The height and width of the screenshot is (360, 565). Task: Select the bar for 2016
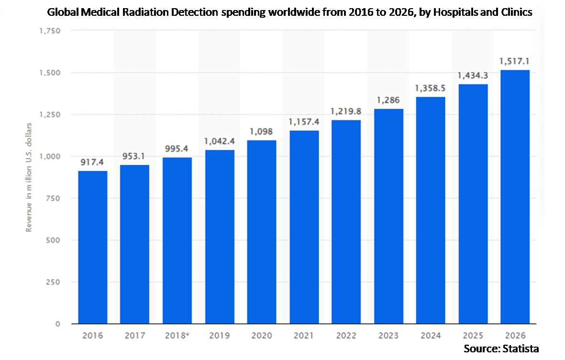pos(93,247)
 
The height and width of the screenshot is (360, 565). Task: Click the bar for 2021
pos(304,227)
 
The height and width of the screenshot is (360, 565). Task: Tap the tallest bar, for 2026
pos(515,197)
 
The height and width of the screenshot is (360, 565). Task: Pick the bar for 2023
pos(388,216)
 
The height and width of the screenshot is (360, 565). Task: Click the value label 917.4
pos(92,162)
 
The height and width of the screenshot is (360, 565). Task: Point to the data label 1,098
pos(261,132)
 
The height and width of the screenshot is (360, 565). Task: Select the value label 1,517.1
pos(514,62)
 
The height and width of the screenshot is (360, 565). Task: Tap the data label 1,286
pos(388,100)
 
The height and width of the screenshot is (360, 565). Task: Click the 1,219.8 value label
pos(346,112)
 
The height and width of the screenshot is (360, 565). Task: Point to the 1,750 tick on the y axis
pos(50,31)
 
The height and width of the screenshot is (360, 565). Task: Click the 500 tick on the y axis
pos(53,240)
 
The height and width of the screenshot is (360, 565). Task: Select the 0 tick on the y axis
pos(58,324)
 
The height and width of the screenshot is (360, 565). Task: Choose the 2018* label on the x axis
pos(177,336)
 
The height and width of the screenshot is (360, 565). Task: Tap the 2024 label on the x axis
pos(431,336)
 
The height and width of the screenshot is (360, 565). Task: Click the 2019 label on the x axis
pos(220,336)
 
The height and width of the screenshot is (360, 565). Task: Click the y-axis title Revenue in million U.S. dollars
pos(29,177)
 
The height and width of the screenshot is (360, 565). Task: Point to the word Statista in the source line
pos(521,349)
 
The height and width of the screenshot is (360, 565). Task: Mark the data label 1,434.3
pos(472,76)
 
